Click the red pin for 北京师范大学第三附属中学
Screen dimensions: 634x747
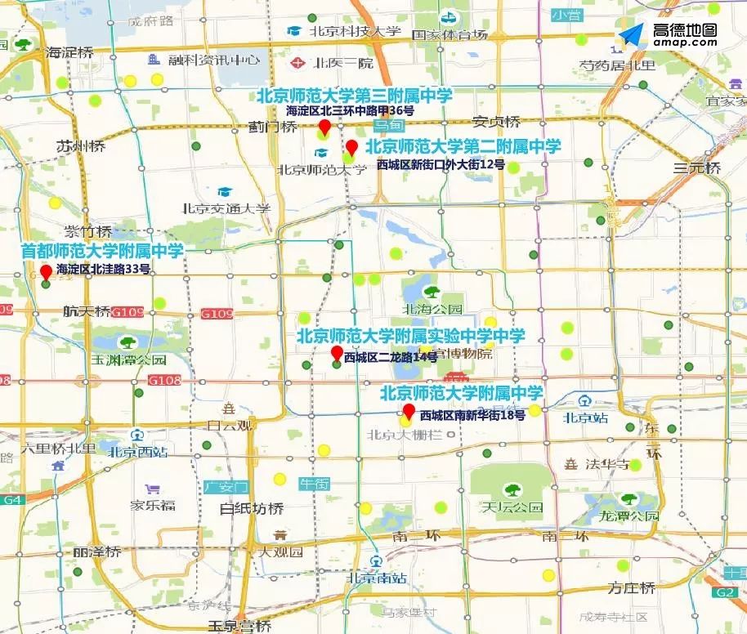(324, 127)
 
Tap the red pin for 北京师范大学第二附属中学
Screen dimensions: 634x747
(352, 148)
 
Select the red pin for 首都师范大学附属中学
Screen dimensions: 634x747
(46, 271)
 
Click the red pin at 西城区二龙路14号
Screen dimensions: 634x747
(336, 353)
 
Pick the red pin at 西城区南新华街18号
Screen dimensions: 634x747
(409, 410)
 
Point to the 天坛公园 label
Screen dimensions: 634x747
(512, 507)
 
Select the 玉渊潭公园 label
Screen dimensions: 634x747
(128, 359)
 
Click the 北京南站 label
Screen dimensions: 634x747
(377, 577)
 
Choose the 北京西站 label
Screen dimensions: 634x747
(138, 450)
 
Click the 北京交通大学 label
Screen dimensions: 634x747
(226, 208)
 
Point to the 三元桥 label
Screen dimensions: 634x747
(696, 168)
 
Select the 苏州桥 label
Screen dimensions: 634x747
(81, 146)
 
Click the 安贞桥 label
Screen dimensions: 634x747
(496, 122)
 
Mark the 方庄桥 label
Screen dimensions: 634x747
(631, 587)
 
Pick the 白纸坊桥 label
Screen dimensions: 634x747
(252, 508)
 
